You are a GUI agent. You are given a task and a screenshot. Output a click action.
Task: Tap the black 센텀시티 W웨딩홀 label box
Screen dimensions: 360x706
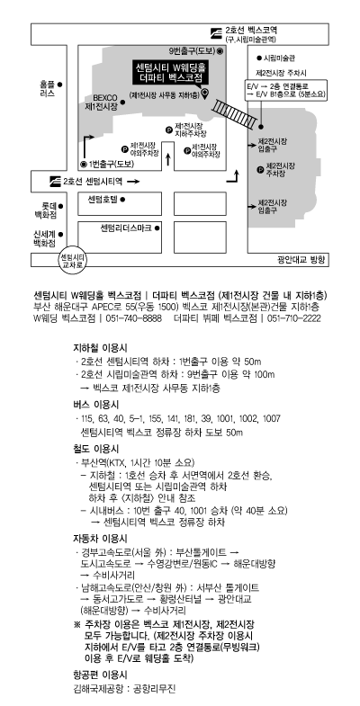click(170, 72)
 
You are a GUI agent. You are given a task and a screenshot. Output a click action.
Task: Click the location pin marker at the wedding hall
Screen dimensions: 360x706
click(204, 94)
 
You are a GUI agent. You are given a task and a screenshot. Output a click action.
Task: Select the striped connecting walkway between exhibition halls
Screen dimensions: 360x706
click(235, 112)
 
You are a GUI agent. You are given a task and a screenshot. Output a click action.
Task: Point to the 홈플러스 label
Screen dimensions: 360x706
click(48, 89)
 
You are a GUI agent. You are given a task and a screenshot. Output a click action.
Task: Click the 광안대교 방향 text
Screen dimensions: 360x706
click(301, 259)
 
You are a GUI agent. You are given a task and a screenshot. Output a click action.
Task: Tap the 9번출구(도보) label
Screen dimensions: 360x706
click(193, 51)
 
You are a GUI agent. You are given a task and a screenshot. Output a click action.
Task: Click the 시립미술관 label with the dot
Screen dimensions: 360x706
click(275, 58)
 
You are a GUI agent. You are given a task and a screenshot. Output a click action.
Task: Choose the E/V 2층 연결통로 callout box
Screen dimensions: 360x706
click(286, 90)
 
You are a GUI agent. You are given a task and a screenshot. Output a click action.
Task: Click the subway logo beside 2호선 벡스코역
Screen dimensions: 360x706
click(217, 32)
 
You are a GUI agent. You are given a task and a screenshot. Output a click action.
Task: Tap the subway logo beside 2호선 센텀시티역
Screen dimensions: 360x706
click(55, 181)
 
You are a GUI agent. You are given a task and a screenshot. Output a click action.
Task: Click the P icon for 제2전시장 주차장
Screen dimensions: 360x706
click(260, 169)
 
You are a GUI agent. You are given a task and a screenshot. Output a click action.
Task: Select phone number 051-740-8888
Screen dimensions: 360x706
click(135, 318)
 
